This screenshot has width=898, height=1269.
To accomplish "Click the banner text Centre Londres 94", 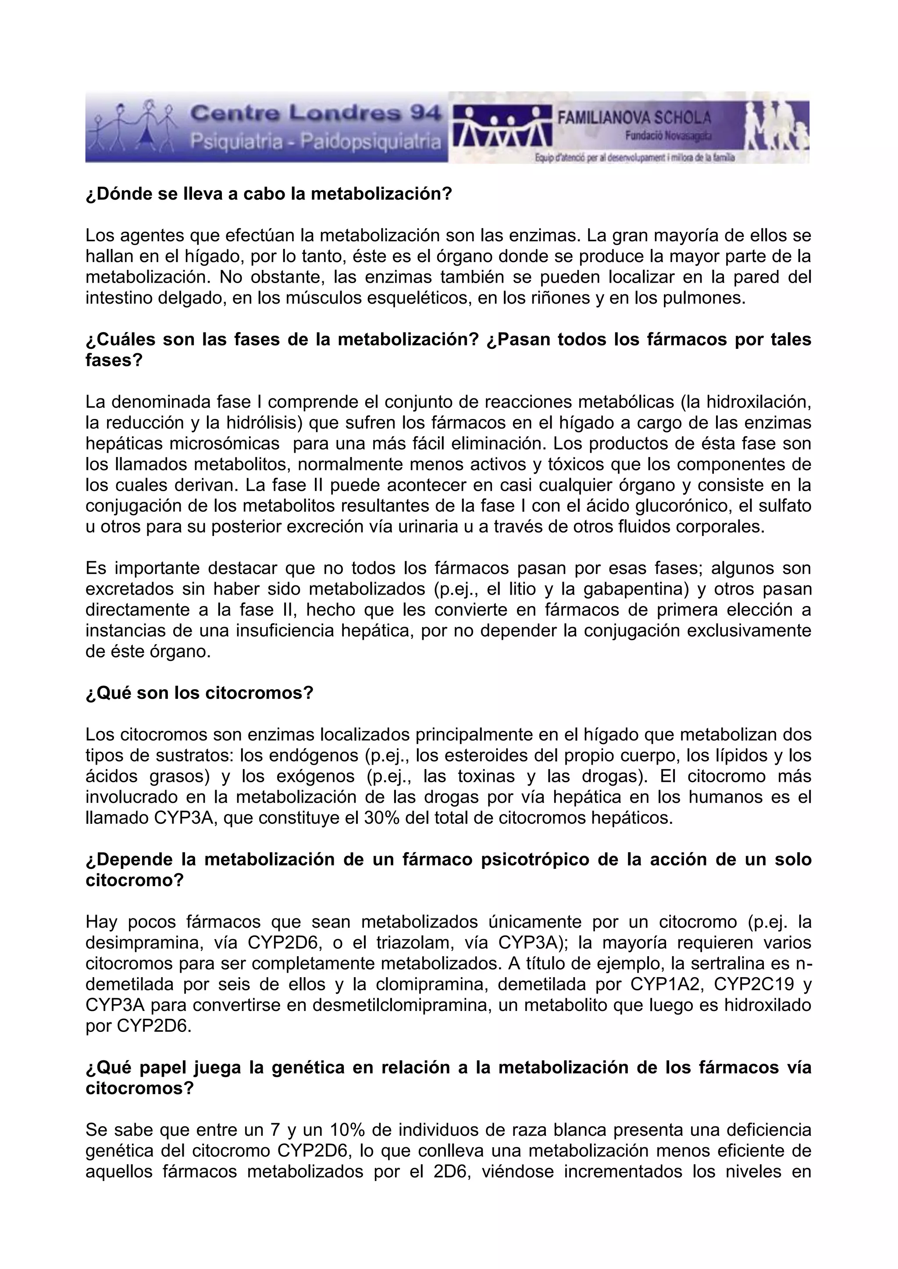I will (x=316, y=114).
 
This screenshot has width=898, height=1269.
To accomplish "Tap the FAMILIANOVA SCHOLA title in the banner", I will (x=634, y=118).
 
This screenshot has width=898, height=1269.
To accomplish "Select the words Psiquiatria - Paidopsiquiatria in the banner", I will (x=316, y=142).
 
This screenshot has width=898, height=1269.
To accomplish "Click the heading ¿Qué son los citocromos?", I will (x=200, y=692).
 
